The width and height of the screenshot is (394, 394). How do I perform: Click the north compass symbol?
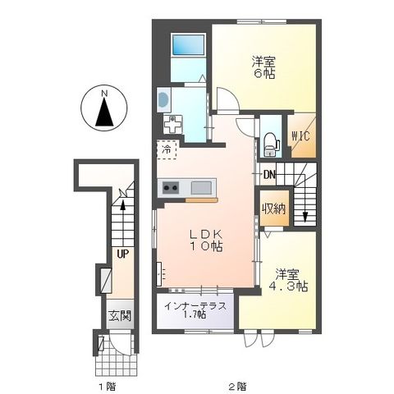(105, 111)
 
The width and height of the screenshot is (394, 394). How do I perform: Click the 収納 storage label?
(274, 208)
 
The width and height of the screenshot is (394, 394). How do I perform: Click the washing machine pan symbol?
(174, 126)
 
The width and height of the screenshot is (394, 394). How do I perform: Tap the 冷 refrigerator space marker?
(167, 152)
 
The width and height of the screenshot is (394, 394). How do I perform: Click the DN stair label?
(270, 174)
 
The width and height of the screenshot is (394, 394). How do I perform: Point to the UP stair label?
(122, 254)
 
